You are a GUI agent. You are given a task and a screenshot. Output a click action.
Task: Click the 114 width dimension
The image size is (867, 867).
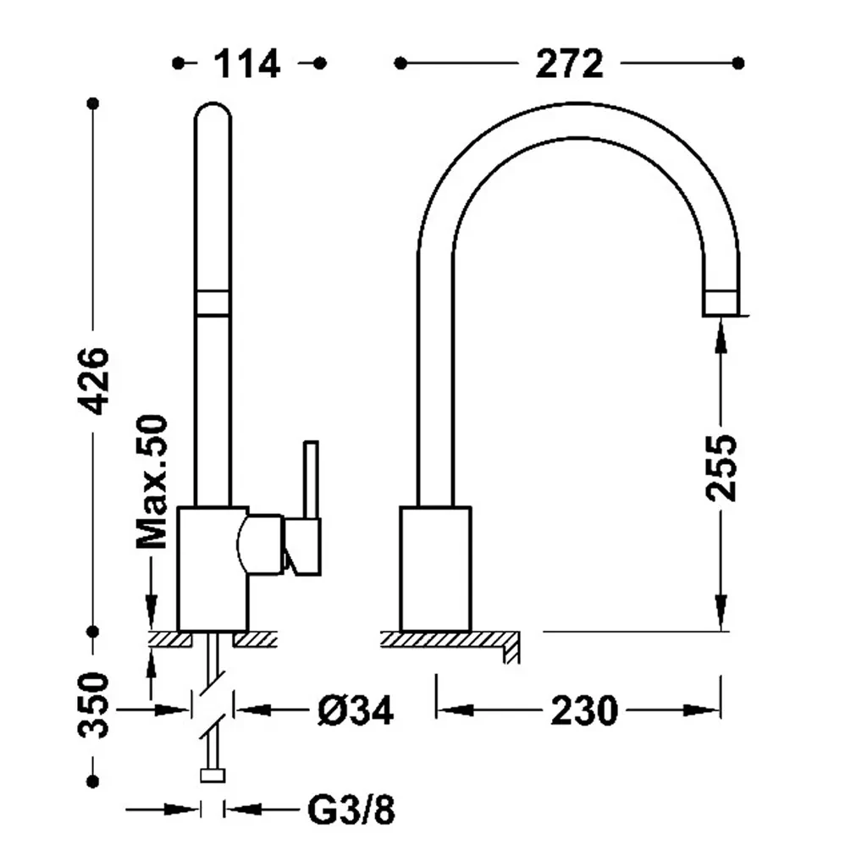coord(247,64)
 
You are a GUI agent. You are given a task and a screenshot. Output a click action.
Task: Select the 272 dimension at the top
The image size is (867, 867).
coord(570,64)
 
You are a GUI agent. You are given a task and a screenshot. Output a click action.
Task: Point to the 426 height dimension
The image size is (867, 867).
coord(93,381)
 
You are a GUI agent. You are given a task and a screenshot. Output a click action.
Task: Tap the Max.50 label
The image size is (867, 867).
coord(152,481)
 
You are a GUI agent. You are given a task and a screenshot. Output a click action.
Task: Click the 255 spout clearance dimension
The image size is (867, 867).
coord(721,468)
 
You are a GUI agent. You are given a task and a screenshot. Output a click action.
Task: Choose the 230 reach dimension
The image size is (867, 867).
coord(584,710)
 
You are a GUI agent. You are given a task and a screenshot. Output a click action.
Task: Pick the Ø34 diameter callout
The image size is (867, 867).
coord(356,710)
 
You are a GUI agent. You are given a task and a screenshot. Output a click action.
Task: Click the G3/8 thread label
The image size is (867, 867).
coord(351,810)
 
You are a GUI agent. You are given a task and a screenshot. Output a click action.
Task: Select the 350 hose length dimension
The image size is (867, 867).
coord(93,705)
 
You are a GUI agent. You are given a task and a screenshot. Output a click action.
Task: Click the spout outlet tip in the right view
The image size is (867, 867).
coord(721,303)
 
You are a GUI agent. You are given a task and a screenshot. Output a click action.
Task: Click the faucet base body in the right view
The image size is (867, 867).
coord(436,568)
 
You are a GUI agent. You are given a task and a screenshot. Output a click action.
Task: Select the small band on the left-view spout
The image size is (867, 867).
coord(213,303)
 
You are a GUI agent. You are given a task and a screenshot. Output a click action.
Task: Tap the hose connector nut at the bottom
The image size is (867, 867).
coord(213,776)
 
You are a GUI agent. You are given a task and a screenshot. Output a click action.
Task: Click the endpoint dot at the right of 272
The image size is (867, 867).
coord(738,64)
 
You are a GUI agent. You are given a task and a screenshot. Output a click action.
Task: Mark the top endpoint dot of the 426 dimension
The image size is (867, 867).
coord(93,103)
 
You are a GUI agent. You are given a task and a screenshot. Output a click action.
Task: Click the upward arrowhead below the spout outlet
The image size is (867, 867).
coord(721,335)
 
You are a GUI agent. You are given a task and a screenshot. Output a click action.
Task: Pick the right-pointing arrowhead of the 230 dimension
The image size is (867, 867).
coord(702,710)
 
